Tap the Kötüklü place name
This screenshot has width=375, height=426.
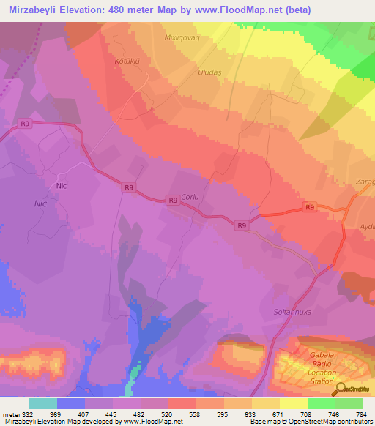point(127,60)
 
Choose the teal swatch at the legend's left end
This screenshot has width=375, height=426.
point(42,403)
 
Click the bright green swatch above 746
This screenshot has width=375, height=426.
point(321,403)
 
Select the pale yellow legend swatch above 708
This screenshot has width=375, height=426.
point(293,403)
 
